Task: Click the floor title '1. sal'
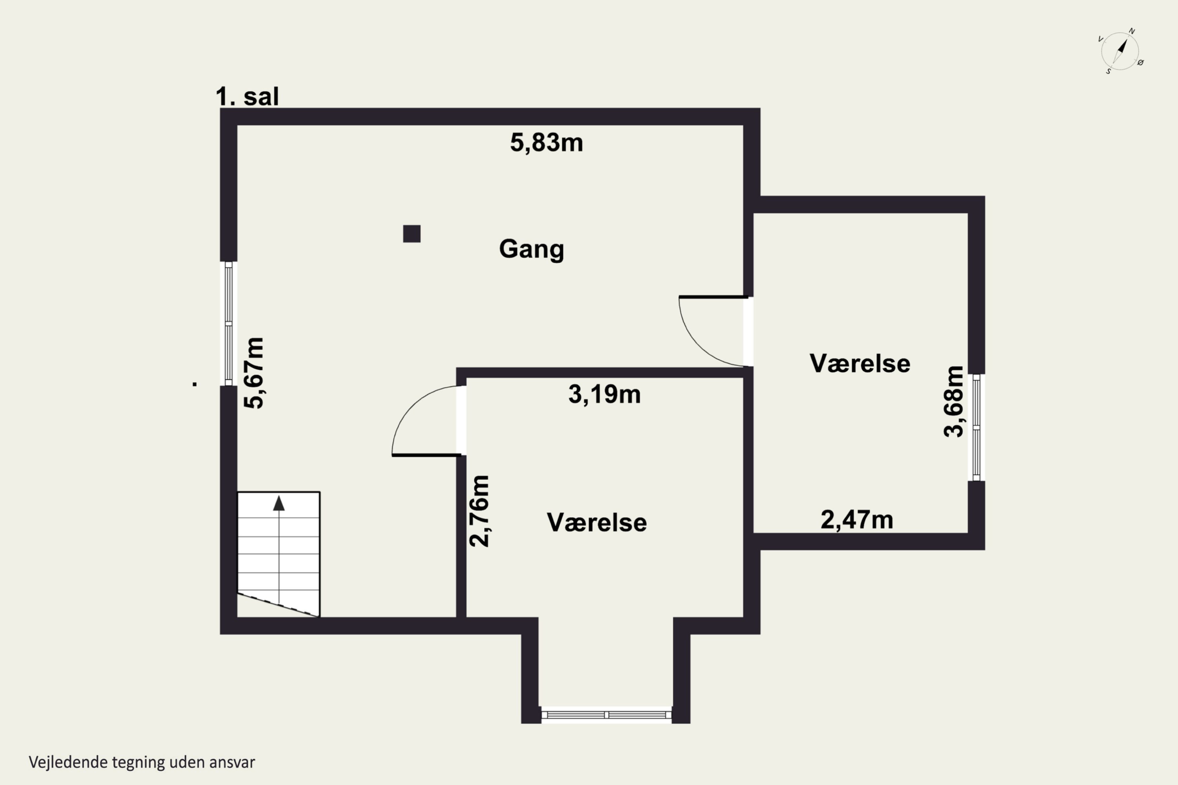point(247,96)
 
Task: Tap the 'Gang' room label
point(531,249)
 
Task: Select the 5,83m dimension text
point(547,143)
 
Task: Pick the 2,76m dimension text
point(479,511)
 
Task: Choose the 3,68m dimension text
point(953,402)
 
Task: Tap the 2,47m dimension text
point(857,520)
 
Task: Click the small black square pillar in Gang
point(412,234)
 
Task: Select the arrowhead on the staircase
point(278,503)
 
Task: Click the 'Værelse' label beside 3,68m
point(860,363)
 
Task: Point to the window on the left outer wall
point(229,324)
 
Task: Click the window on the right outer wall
point(976,427)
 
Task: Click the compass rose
point(1121,51)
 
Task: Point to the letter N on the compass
point(1131,31)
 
